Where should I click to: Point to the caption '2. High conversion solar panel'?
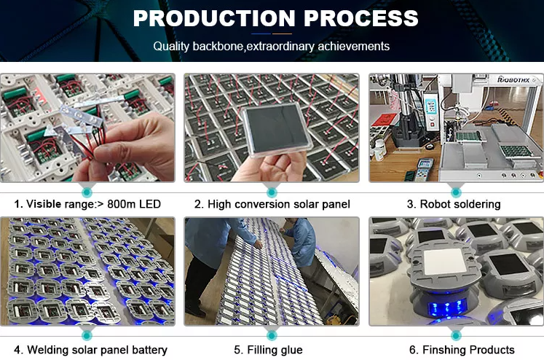(x=272, y=204)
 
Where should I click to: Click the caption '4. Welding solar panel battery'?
(x=90, y=350)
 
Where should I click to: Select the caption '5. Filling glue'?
(x=270, y=350)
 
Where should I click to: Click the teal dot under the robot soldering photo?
(x=457, y=191)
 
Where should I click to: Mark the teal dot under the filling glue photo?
(x=272, y=335)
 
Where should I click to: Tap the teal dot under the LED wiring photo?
(x=87, y=191)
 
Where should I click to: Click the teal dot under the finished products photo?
(x=457, y=335)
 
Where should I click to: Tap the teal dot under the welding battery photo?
(x=87, y=335)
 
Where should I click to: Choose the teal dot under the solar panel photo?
(x=272, y=191)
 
